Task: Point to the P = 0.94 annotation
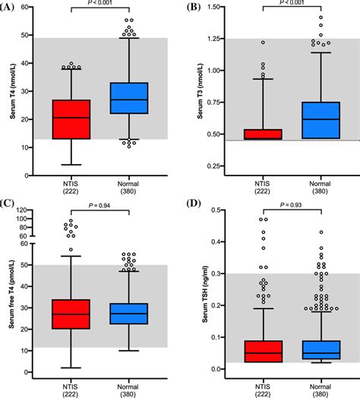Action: click(99, 205)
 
